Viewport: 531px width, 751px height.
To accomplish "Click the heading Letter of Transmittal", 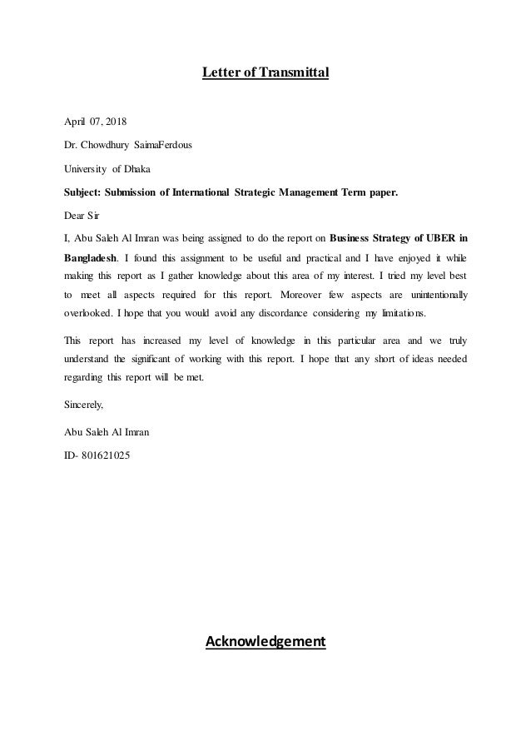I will point(265,73).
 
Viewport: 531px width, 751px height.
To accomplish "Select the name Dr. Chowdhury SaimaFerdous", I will point(127,144).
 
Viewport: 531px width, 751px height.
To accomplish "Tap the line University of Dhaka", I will point(103,168).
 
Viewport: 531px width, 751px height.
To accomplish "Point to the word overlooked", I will point(89,315).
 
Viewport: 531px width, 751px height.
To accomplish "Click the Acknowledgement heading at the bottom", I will point(265,642).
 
